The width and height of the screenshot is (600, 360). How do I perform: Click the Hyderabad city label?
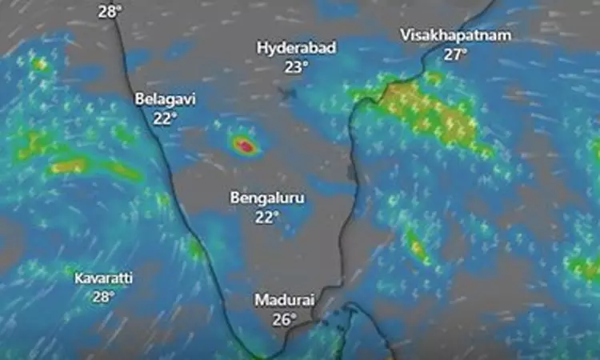click(296, 48)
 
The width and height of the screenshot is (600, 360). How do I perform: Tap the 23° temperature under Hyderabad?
click(296, 66)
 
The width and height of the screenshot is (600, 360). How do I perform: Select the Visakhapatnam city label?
click(454, 36)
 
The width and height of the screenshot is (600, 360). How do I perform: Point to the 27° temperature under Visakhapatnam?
click(455, 54)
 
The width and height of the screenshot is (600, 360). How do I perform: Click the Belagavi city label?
click(165, 99)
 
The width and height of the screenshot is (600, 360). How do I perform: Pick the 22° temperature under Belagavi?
click(165, 118)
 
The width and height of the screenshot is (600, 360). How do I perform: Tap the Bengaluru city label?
click(267, 197)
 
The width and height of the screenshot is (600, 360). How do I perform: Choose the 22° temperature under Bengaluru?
click(267, 215)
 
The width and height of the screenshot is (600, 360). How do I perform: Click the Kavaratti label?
click(103, 278)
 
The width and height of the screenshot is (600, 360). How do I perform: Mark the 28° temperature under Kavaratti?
click(103, 296)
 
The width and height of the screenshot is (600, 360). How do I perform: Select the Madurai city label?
click(285, 300)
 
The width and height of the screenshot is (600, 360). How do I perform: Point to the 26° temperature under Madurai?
click(285, 318)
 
